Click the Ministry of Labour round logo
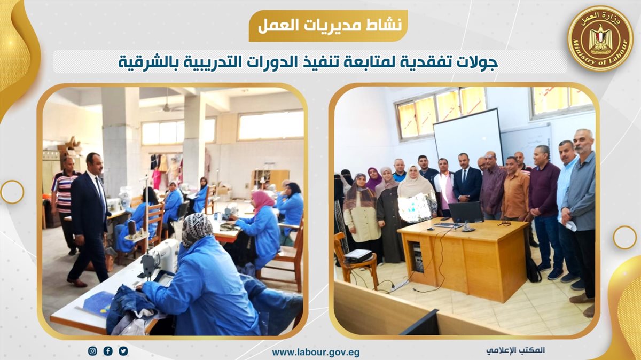click(x=600, y=39)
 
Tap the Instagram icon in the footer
click(x=92, y=351)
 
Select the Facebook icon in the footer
click(x=108, y=351)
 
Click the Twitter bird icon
click(x=123, y=351)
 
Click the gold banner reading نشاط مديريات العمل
click(x=328, y=26)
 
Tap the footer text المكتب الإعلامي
click(x=515, y=350)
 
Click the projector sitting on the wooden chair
click(x=358, y=255)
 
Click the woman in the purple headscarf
click(x=374, y=178)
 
